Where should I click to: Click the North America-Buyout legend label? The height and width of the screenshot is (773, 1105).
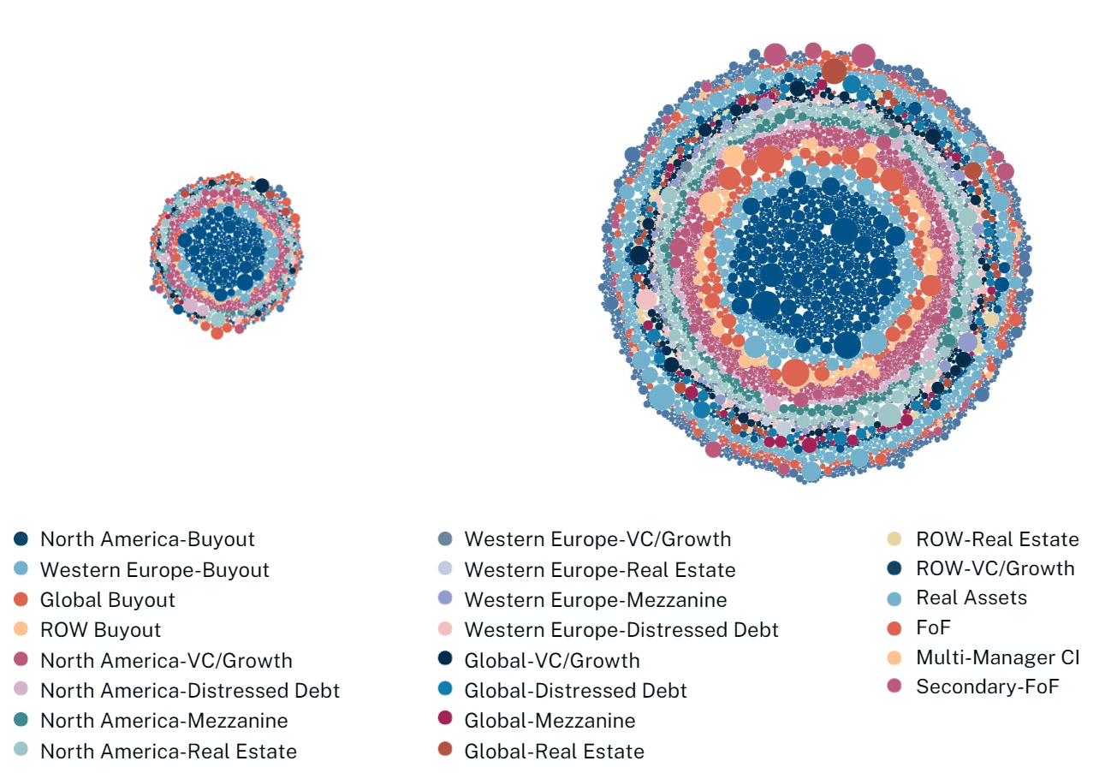(x=147, y=539)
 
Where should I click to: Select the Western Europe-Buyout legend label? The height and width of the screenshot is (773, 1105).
(x=154, y=570)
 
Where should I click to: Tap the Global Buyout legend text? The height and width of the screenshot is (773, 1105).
(x=107, y=600)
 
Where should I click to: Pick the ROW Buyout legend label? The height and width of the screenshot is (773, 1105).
(x=100, y=631)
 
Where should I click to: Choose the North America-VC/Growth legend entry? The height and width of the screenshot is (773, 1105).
(x=166, y=661)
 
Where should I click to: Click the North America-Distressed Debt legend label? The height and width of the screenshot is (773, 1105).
(x=189, y=691)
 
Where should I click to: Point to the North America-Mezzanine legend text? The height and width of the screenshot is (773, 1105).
(x=163, y=721)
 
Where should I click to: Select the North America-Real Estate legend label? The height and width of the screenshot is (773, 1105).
(x=169, y=752)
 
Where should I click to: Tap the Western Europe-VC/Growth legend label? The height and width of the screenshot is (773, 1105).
(x=597, y=539)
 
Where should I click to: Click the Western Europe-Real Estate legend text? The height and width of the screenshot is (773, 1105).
(x=599, y=570)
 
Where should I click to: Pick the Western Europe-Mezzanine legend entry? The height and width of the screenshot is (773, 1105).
(x=595, y=600)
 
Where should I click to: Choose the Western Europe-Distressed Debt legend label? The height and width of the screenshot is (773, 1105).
(x=621, y=631)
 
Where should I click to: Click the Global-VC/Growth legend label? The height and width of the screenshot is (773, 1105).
(x=551, y=661)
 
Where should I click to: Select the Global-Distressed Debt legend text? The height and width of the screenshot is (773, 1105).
(x=575, y=691)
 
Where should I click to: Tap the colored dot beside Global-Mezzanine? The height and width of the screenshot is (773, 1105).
(x=444, y=721)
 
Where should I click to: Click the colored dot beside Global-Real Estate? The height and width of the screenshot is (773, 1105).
(x=444, y=752)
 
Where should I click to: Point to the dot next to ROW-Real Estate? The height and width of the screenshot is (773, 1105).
(x=894, y=539)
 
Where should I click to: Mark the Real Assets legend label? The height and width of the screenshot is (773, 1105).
(x=971, y=598)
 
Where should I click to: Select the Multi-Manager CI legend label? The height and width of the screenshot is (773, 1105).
(x=997, y=657)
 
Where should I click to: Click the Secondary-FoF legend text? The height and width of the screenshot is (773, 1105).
(x=987, y=687)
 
